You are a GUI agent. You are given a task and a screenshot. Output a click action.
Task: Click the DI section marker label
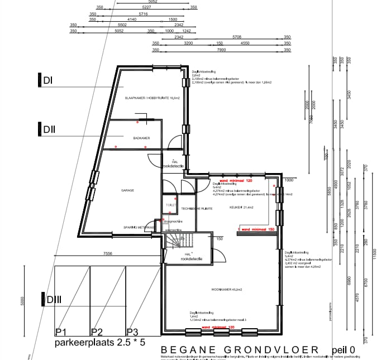point(47,81)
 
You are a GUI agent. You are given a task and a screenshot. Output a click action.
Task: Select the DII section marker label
point(49,130)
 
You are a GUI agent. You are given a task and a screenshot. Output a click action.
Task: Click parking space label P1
point(61,331)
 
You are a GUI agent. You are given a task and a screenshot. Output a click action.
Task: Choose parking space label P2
point(97,331)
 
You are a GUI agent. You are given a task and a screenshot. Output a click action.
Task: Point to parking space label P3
point(132,331)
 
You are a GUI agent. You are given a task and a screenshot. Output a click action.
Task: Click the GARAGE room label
point(128,190)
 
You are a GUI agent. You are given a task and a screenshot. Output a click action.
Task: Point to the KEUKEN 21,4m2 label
point(241,207)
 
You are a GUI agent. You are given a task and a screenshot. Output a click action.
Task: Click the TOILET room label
point(171,205)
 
